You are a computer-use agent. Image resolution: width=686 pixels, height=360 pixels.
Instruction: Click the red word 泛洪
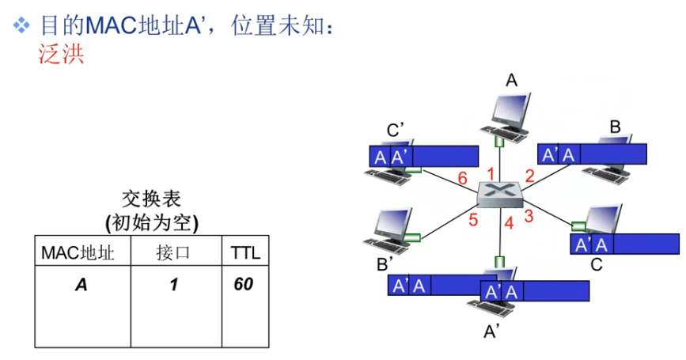coord(61,54)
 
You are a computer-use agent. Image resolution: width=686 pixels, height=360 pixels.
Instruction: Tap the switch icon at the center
coord(500,194)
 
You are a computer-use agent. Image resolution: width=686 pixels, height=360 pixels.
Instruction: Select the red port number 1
coord(491,173)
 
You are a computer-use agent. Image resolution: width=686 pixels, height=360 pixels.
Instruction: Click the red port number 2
coord(529,176)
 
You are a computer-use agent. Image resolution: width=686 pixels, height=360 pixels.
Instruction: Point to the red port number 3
coord(529,214)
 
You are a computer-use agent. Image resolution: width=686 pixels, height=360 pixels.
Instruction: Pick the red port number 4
coord(510,223)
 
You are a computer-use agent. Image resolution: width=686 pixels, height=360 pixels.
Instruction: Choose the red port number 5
coord(473,220)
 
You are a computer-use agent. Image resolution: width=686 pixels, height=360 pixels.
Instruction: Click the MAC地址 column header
coord(78,253)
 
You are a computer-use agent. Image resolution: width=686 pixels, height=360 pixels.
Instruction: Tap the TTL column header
coord(244,253)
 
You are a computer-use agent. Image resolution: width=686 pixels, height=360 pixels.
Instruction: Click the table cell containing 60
coord(244,283)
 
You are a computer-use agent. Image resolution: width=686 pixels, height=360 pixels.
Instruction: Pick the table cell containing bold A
coord(81,284)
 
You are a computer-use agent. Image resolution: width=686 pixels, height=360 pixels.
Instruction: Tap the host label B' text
coord(385,263)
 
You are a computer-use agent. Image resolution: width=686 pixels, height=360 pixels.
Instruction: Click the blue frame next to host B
coord(593,153)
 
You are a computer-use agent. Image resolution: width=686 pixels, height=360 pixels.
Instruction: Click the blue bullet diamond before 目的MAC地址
coord(22,26)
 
